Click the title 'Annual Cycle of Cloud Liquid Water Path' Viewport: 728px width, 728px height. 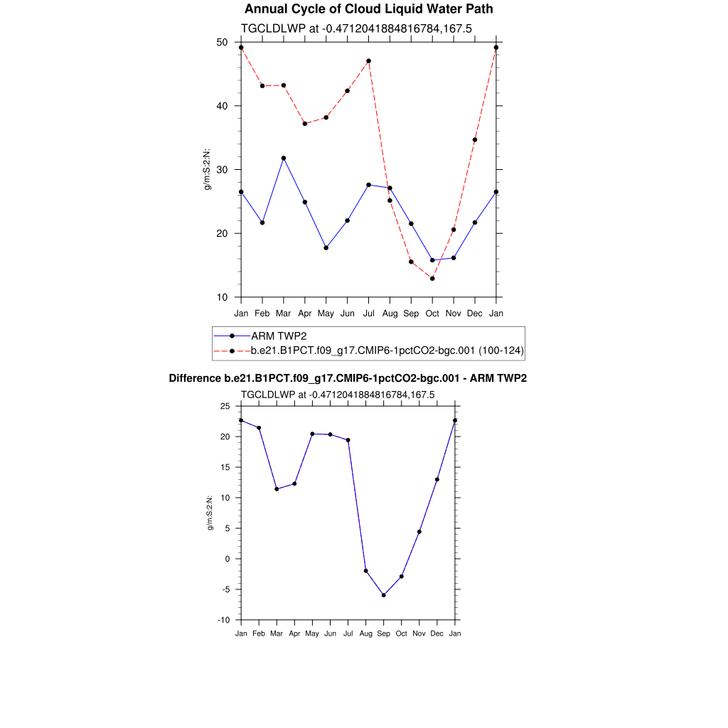pos(368,9)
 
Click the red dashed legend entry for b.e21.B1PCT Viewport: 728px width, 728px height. pos(387,350)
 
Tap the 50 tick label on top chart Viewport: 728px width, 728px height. pos(222,42)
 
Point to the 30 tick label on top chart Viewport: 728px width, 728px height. pos(222,170)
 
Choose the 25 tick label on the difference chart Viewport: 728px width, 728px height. pos(225,406)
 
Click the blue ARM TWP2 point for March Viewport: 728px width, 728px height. pos(284,158)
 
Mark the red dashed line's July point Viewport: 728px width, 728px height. pos(368,61)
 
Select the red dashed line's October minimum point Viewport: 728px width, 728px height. pos(432,279)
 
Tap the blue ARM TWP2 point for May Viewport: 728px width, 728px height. pos(326,247)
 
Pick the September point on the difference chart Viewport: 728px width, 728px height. pos(384,595)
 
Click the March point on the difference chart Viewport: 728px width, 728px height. pos(277,489)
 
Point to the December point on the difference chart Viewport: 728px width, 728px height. pos(437,479)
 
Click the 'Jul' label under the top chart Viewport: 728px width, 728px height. pos(368,313)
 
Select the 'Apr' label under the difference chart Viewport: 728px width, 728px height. pos(294,633)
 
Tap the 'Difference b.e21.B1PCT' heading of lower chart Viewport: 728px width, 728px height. pos(348,378)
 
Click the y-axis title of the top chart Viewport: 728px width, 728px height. pos(208,169)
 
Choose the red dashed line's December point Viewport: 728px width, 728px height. pos(475,140)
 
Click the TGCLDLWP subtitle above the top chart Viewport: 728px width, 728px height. pos(357,28)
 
